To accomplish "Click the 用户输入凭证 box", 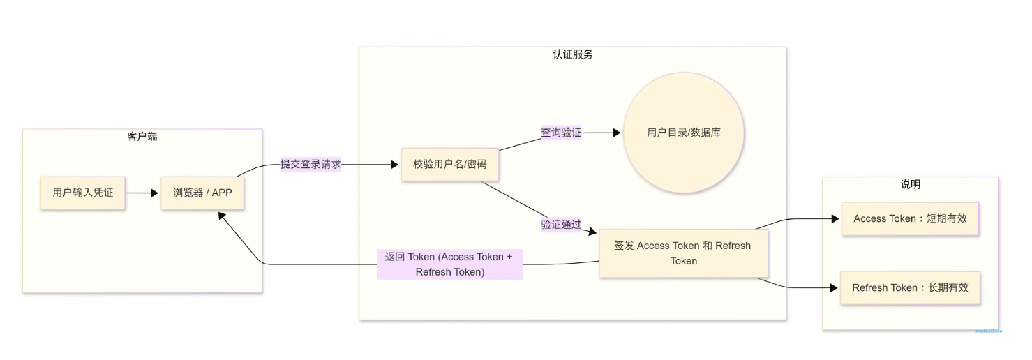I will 82,193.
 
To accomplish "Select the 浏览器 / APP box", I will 202,193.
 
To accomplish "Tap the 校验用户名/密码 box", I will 449,165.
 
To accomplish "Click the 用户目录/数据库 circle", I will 684,133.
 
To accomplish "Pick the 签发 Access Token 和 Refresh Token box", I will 682,253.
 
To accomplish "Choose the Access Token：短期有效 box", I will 910,219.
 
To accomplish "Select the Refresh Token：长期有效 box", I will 910,287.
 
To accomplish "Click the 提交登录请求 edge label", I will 311,165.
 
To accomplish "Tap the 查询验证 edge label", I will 561,132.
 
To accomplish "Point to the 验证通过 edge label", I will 561,224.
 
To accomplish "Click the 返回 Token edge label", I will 449,264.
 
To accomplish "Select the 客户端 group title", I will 142,137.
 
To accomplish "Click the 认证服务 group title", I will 572,54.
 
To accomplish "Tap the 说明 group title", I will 910,184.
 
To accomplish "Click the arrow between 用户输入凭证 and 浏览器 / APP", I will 143,193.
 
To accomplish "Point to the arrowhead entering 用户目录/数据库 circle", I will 616,132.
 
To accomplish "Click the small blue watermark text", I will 989,331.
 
